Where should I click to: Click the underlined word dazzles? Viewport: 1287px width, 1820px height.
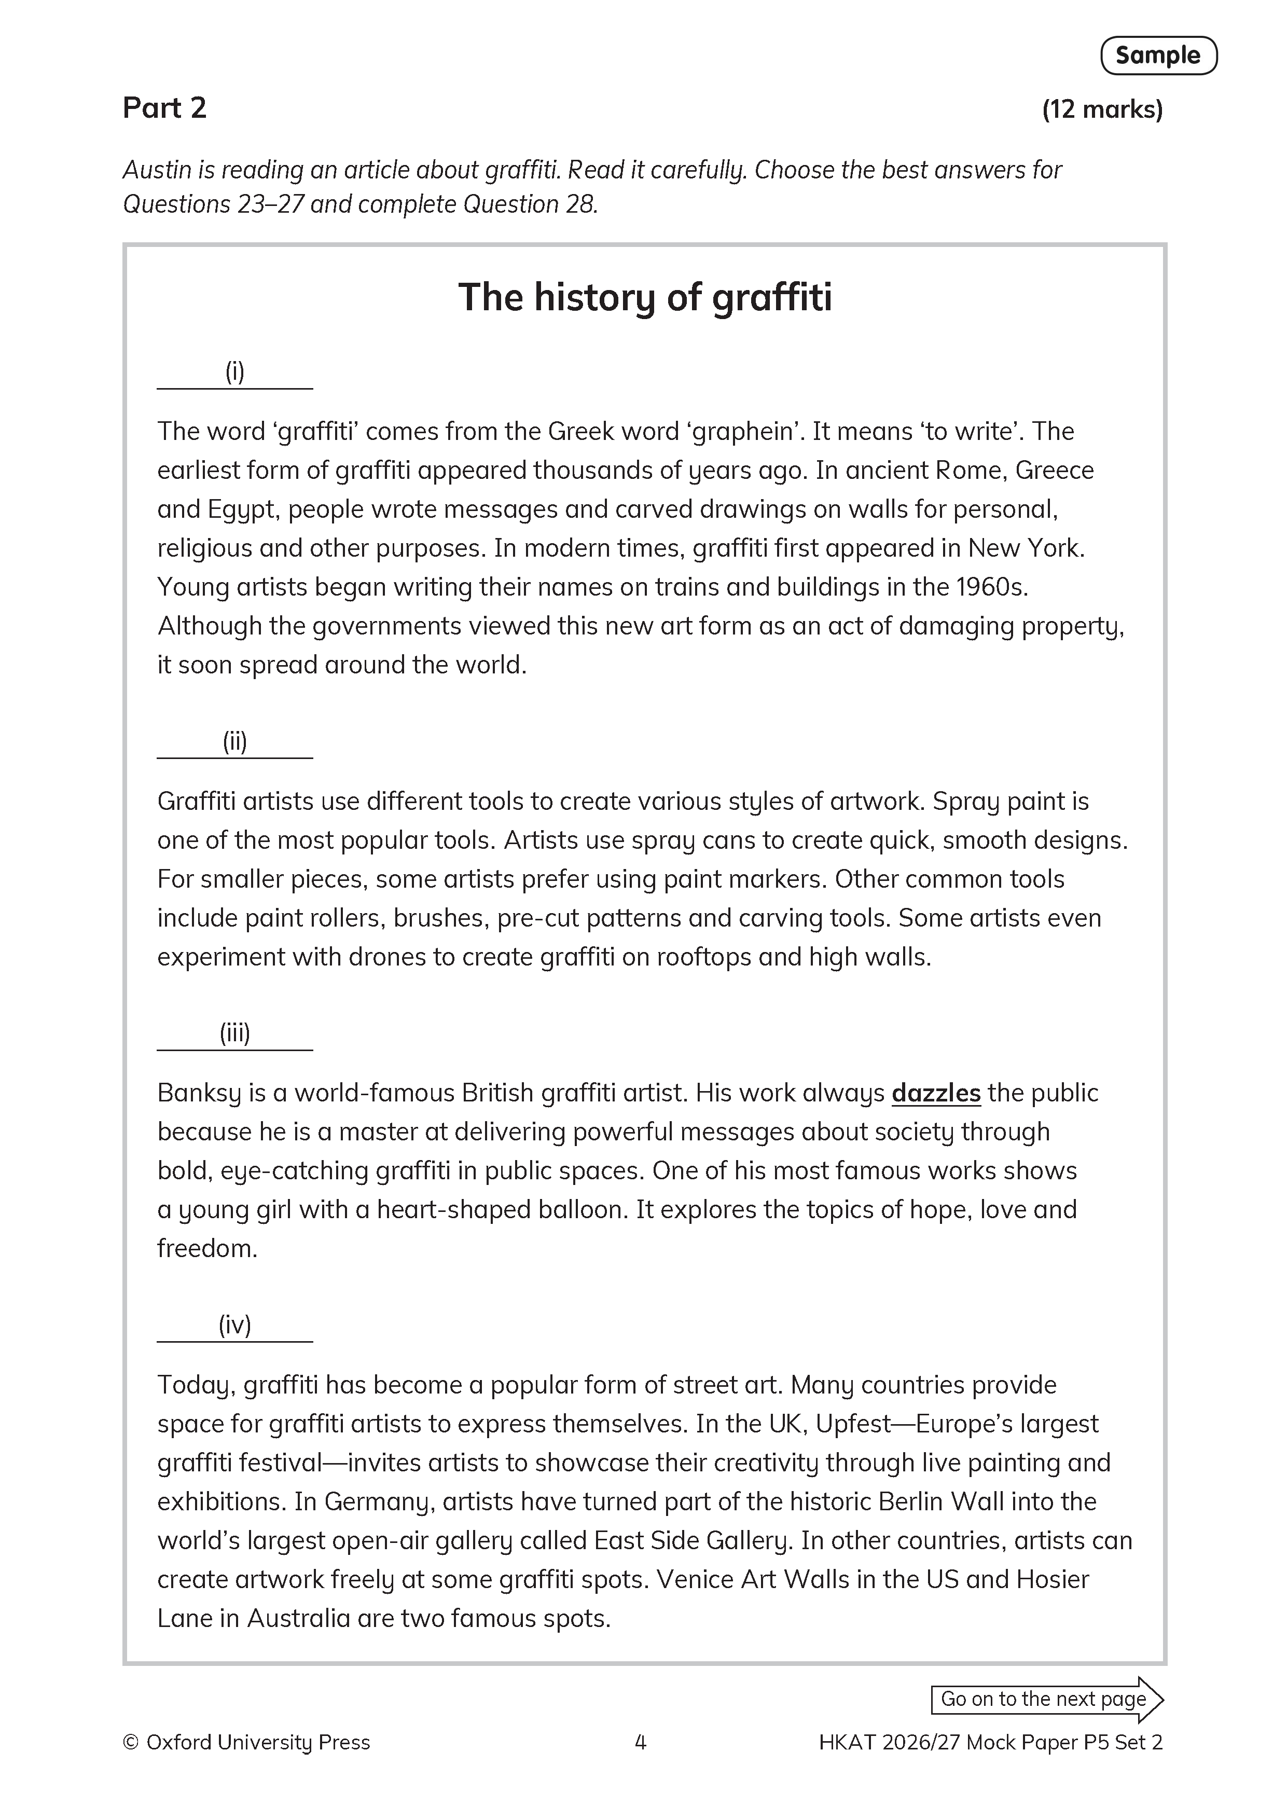(x=936, y=1093)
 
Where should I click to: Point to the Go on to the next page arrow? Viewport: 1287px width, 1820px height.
(x=1046, y=1700)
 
